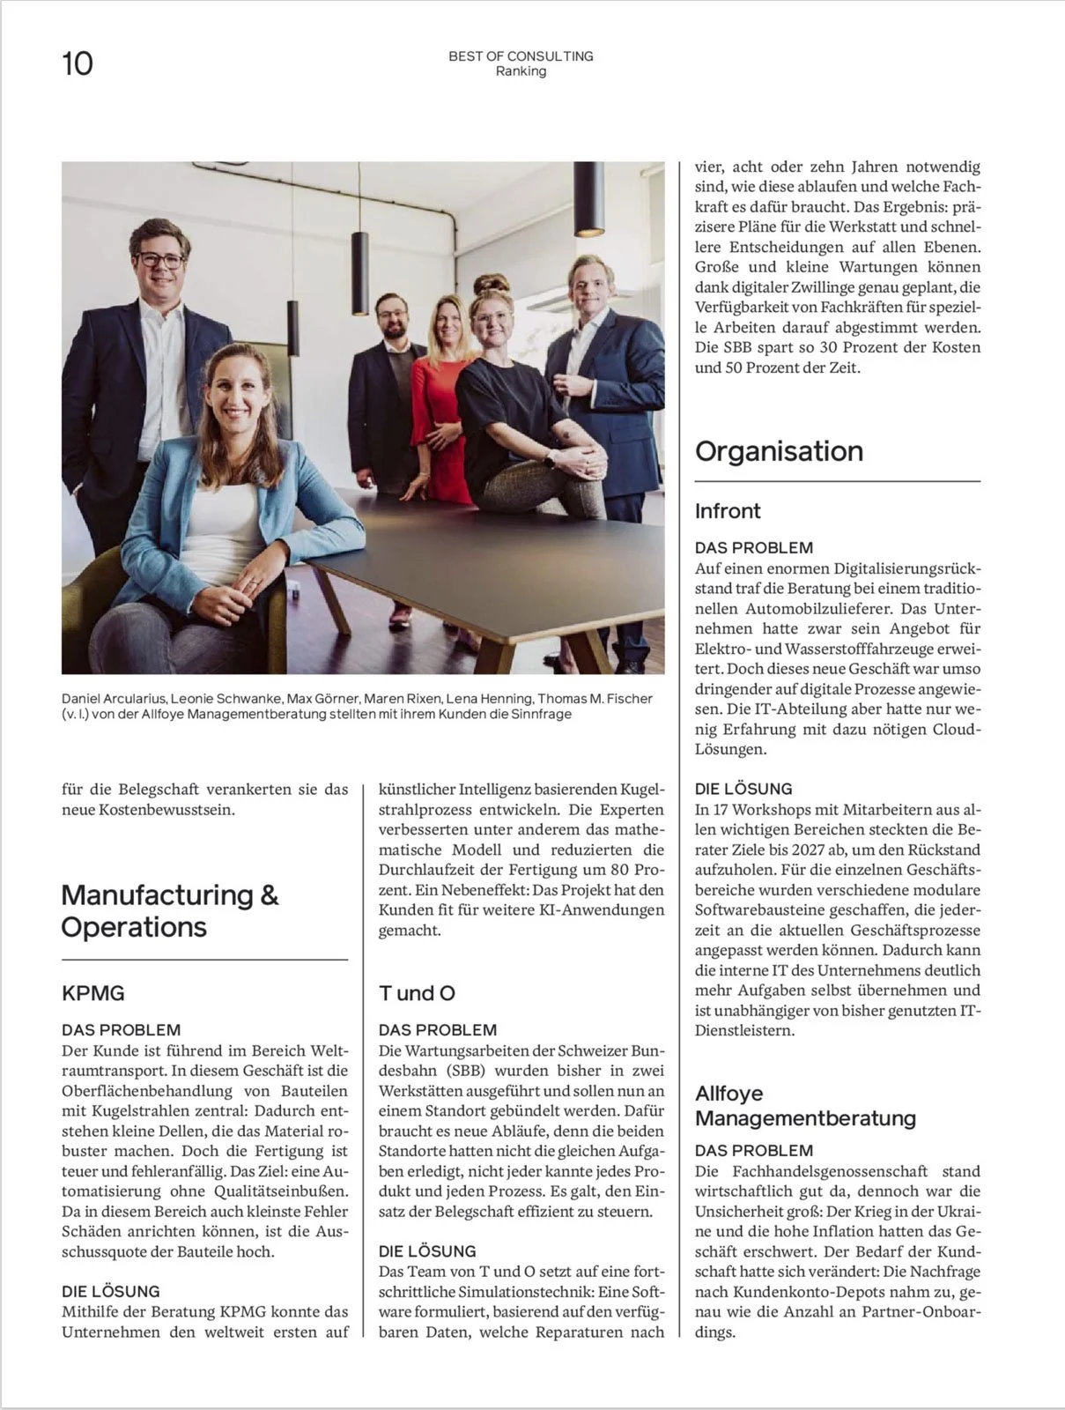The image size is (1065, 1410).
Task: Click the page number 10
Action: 78,63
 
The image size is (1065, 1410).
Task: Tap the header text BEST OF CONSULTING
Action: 521,56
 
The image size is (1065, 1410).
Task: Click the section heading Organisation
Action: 779,451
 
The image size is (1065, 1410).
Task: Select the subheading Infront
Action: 728,511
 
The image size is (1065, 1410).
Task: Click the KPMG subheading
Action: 93,993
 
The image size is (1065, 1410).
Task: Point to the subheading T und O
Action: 417,993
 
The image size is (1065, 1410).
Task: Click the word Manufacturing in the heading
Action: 157,895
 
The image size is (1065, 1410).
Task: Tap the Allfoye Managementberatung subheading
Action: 805,1106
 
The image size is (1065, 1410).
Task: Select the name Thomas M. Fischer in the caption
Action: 595,699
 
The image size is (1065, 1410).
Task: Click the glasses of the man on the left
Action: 160,260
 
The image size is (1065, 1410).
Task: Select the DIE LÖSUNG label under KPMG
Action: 111,1291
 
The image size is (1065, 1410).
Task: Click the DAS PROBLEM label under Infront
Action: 754,547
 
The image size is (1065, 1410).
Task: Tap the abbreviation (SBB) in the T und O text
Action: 470,1071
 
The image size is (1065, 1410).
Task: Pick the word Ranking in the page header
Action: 521,71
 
